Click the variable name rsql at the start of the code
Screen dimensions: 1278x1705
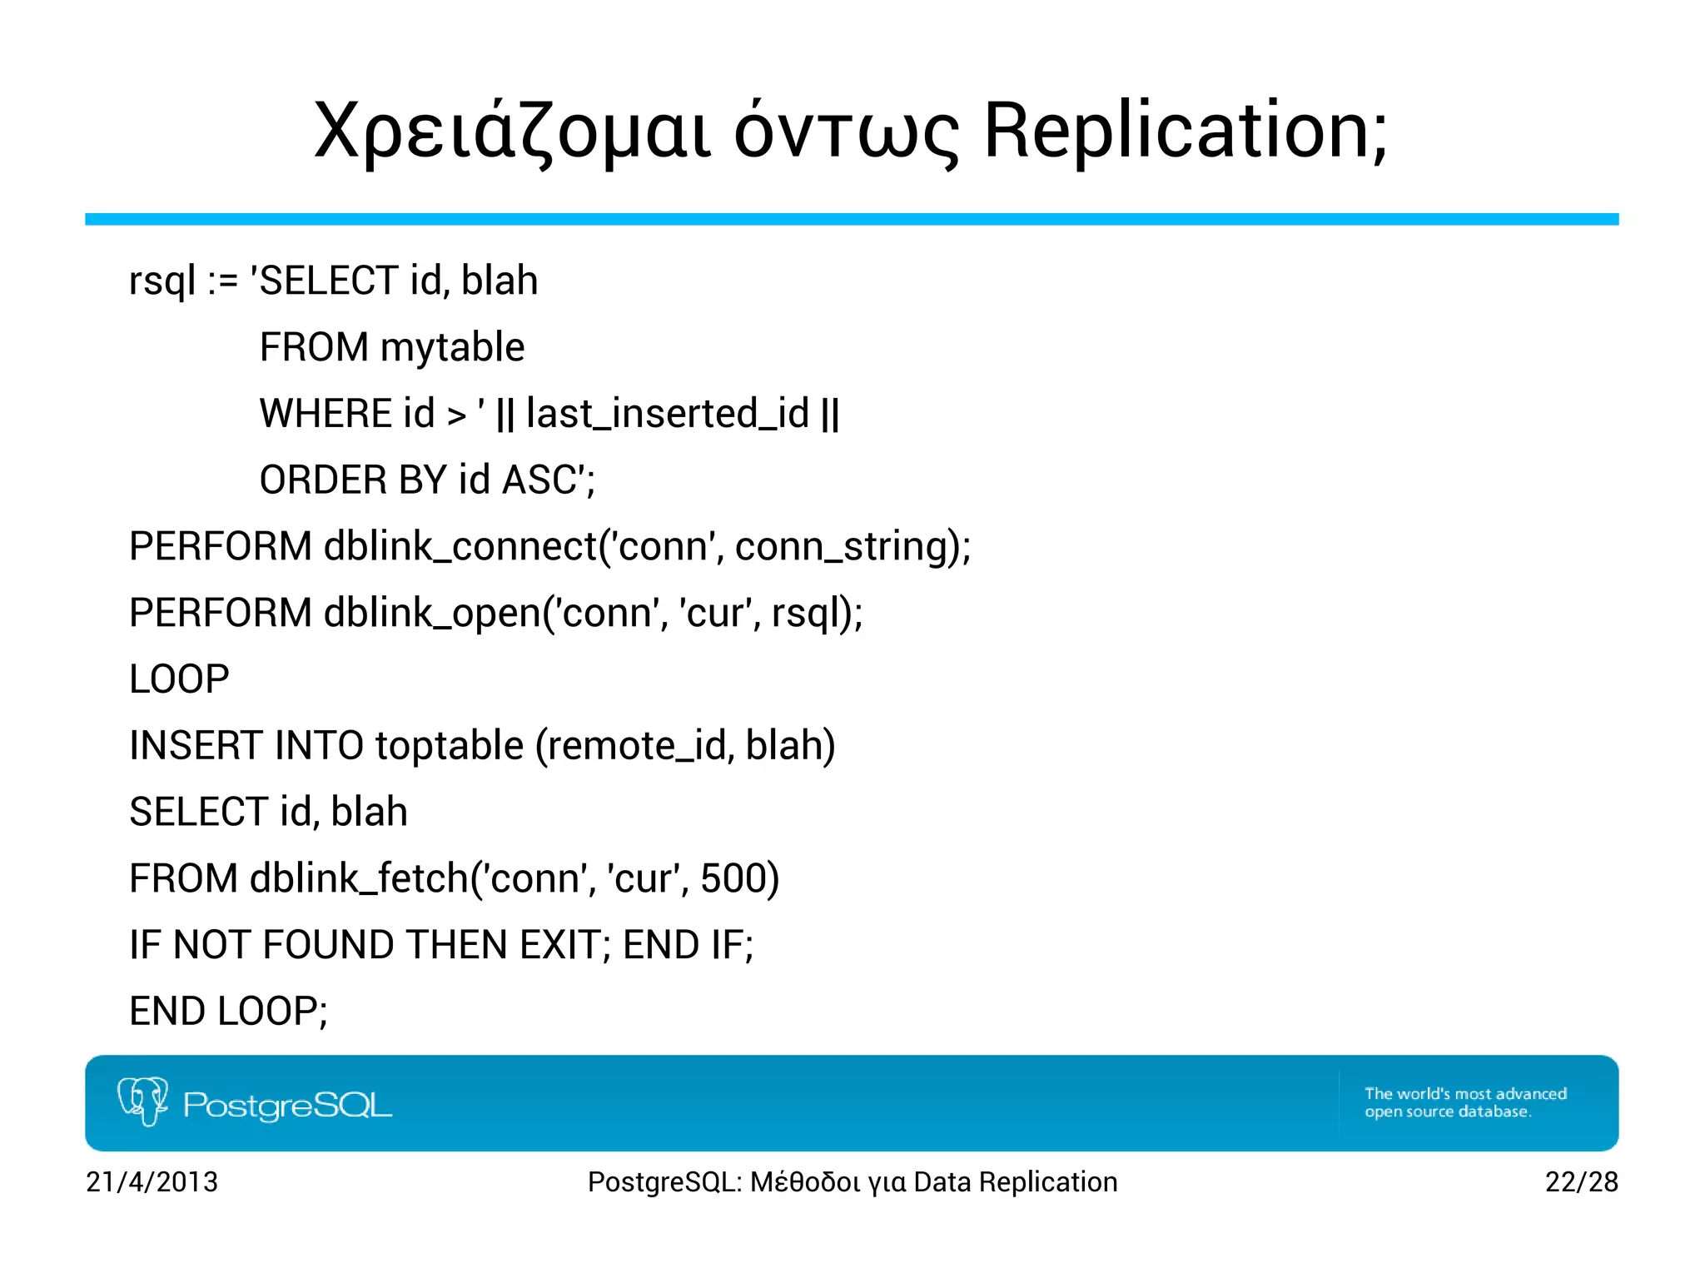click(162, 281)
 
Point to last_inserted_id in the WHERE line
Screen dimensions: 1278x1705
click(667, 415)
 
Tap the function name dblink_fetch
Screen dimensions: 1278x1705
click(359, 878)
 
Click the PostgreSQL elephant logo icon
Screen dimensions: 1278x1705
click(142, 1101)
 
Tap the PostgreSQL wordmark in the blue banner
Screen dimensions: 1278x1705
click(287, 1106)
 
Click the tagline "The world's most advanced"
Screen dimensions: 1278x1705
click(1465, 1094)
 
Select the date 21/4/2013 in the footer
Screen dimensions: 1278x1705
click(152, 1182)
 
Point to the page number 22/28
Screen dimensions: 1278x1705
click(1581, 1182)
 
